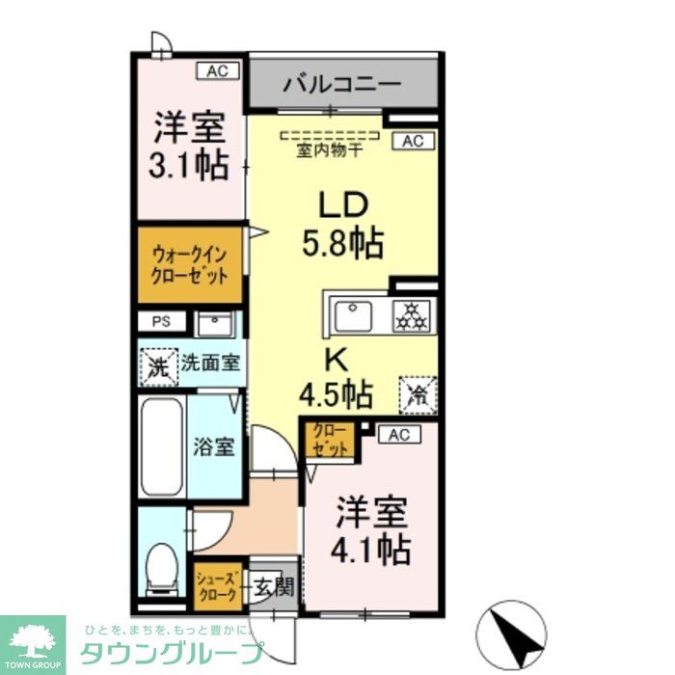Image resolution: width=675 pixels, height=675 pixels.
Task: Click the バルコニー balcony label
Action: pos(341,84)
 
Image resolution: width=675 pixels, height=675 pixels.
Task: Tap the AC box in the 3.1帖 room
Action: pos(218,70)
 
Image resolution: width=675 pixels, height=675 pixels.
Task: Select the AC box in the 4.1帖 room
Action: pos(399,435)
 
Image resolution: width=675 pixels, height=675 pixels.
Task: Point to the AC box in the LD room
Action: pos(413,142)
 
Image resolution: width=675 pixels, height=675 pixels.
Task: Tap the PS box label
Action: pos(159,323)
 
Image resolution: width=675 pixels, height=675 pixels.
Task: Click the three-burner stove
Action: pos(413,315)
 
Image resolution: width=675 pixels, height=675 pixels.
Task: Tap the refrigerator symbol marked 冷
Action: pos(418,393)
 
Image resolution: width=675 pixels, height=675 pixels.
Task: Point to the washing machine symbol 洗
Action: pos(157,365)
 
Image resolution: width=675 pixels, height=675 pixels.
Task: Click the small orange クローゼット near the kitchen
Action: pos(330,439)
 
